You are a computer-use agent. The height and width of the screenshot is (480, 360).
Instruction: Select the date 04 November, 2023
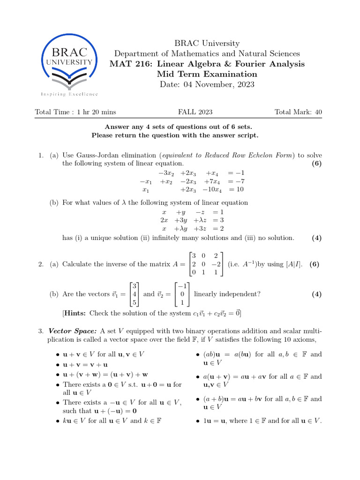(207, 84)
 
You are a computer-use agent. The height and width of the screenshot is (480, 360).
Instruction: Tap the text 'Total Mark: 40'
(298, 112)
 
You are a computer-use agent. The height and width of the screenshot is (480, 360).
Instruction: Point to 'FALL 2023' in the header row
(195, 112)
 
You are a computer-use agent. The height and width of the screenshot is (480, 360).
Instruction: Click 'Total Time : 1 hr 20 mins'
(75, 112)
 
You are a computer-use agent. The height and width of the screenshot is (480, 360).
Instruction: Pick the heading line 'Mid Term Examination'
(207, 74)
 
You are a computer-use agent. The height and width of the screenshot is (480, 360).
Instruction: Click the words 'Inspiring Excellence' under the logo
(69, 94)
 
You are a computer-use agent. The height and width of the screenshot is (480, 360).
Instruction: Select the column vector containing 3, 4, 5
(135, 294)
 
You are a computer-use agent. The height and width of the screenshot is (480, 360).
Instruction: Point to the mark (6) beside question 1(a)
(317, 164)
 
